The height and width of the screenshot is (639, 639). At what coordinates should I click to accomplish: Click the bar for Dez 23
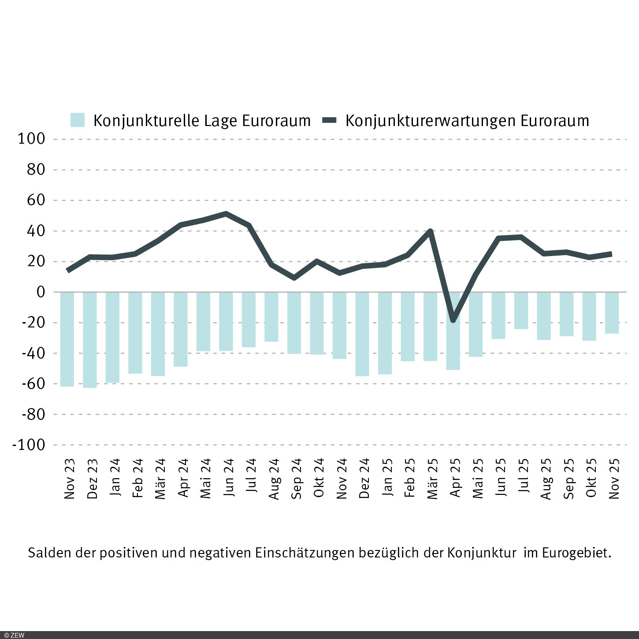pos(90,340)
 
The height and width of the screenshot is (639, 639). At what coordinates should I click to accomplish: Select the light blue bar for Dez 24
pos(362,334)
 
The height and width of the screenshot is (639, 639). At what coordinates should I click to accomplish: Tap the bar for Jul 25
pos(521,311)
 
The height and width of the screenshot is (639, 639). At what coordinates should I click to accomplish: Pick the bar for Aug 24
pos(271,317)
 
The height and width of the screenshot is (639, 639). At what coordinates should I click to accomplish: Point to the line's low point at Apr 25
pos(453,320)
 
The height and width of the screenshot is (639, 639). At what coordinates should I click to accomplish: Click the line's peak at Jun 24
pos(226,214)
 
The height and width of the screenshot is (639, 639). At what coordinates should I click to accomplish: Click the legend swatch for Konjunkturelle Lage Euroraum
pos(78,120)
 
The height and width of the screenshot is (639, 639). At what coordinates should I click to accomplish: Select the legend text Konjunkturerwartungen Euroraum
pos(467,121)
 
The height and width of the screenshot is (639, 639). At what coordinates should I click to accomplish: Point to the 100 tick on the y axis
pos(31,139)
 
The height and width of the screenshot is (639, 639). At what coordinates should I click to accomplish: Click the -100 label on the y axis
pos(29,445)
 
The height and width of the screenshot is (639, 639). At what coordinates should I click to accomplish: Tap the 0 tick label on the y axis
pos(41,292)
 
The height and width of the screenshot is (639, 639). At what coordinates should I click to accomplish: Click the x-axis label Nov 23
pos(70,479)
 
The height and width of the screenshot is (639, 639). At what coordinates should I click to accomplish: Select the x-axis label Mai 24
pos(206,479)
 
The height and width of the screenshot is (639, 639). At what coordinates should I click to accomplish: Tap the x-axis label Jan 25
pos(387,479)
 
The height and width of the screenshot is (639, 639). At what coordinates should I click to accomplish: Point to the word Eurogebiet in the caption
pos(576,553)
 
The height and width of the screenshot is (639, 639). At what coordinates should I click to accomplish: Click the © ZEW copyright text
pos(14,635)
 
